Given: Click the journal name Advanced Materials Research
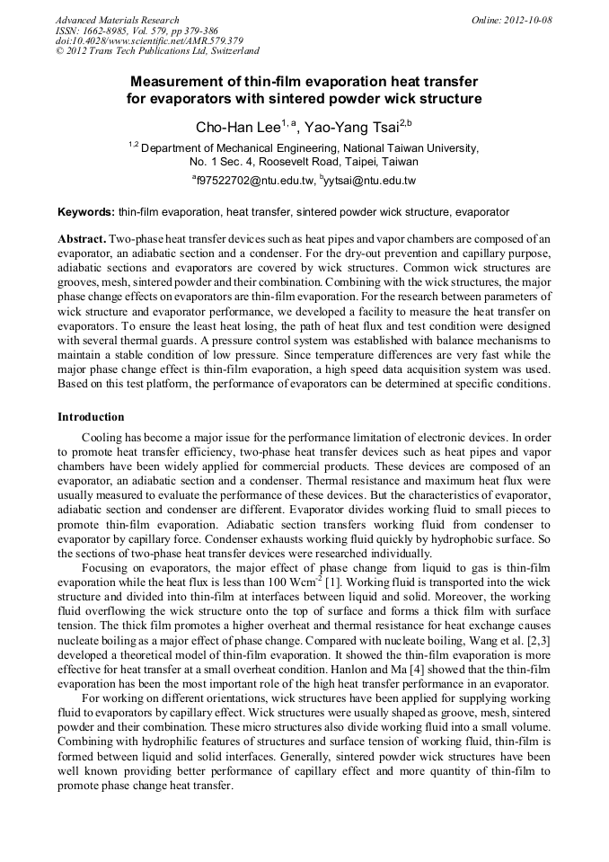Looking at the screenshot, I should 117,20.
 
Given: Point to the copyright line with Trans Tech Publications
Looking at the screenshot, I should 157,52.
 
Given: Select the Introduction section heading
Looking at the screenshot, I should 91,417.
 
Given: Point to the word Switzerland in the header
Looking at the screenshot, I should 228,52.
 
